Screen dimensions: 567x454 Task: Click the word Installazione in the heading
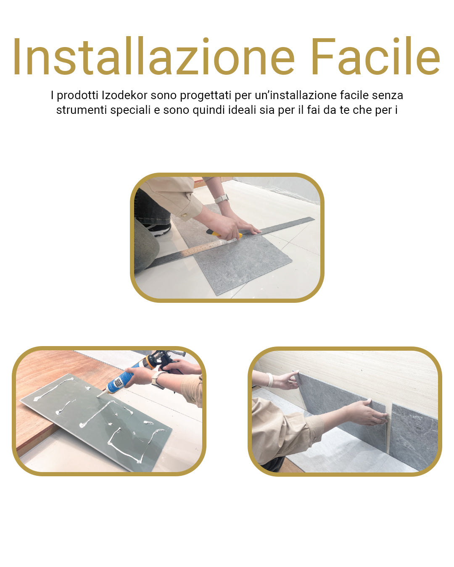153,57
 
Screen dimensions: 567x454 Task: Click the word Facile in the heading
375,57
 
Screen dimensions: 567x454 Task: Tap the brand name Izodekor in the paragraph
124,95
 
